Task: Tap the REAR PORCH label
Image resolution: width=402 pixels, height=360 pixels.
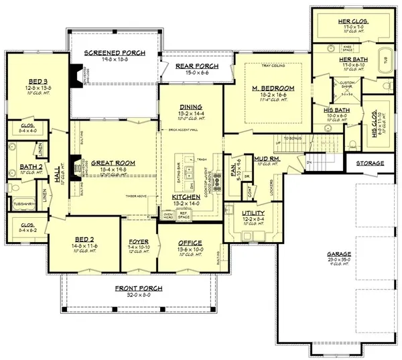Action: pos(194,65)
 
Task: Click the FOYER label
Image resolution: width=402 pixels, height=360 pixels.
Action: pos(138,243)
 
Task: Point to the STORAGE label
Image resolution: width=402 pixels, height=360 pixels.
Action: pos(370,164)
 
